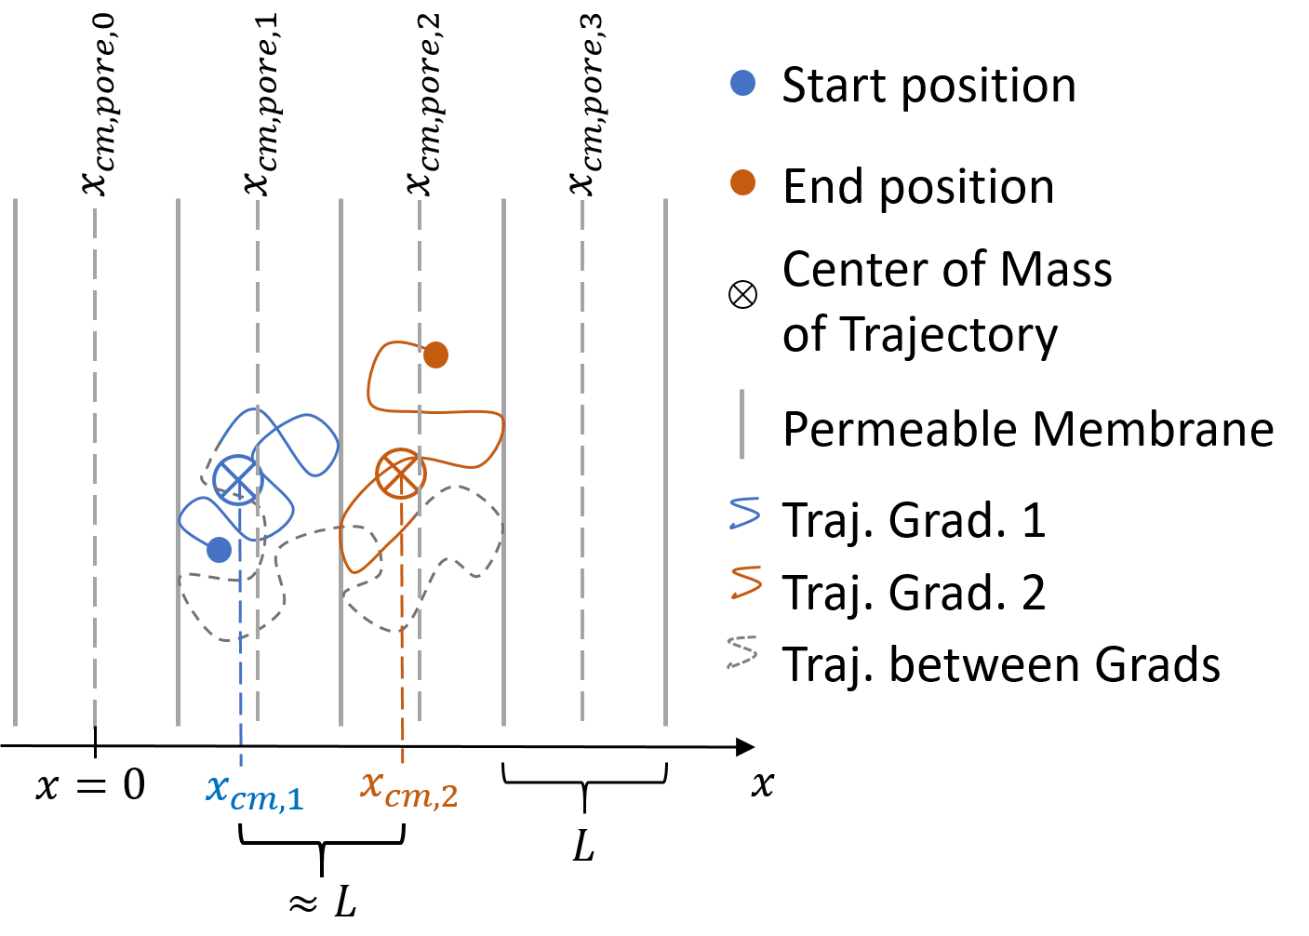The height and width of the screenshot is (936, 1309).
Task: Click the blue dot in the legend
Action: pos(742,83)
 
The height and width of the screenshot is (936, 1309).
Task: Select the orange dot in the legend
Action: pos(742,182)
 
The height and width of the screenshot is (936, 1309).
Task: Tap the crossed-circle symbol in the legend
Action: pos(742,295)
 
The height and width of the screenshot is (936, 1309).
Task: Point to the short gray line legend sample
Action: pos(741,424)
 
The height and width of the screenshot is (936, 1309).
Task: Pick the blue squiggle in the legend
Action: pos(745,513)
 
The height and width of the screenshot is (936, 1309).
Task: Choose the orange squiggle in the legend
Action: pos(746,582)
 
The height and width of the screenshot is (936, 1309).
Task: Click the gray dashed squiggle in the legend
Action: pos(742,651)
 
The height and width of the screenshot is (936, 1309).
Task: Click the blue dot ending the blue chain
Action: pos(219,550)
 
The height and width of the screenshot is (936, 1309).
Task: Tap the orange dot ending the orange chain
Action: pos(435,354)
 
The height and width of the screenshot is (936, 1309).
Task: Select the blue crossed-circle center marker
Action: pos(238,480)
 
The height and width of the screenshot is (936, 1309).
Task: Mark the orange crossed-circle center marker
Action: pos(401,474)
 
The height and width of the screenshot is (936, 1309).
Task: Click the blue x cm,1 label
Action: pos(255,792)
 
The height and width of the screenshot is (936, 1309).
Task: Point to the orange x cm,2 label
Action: pos(409,789)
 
